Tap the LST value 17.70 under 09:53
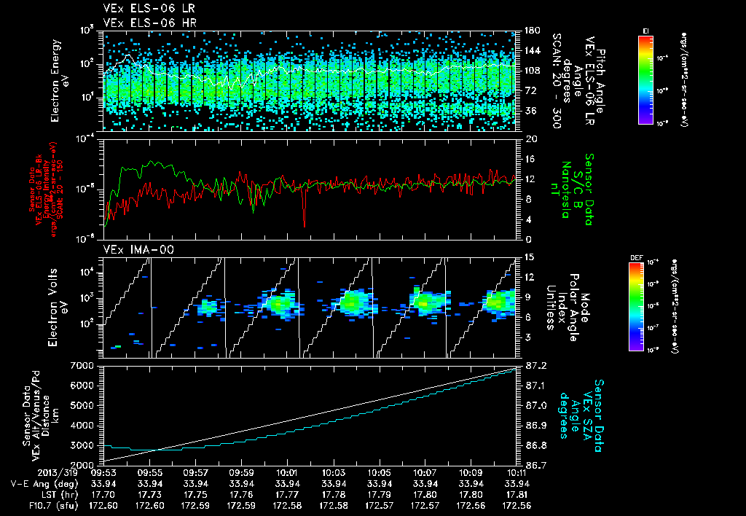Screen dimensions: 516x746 coord(104,494)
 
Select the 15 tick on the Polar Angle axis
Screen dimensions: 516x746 coord(527,257)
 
